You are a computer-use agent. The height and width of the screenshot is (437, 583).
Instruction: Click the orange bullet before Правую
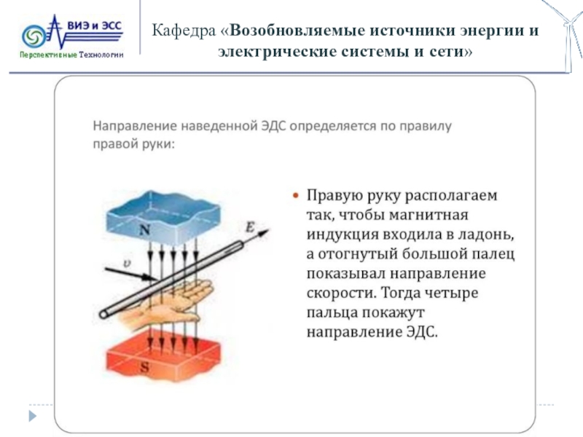(x=296, y=197)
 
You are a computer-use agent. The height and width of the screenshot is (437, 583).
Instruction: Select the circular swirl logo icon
(x=35, y=36)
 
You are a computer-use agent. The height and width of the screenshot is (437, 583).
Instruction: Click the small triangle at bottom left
(x=31, y=415)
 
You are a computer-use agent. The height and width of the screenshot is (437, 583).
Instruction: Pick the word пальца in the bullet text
(x=330, y=312)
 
